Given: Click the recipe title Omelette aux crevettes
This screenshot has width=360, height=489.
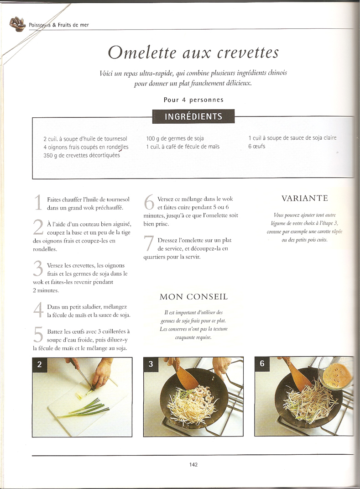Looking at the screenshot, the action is (x=193, y=53).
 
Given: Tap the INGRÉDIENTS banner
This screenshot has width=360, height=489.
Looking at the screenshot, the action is (x=193, y=116).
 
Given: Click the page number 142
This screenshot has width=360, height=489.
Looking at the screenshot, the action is (x=193, y=464).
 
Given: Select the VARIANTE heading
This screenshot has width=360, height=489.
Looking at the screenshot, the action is (x=305, y=198).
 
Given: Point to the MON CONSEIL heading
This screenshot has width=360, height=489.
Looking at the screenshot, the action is (x=193, y=297).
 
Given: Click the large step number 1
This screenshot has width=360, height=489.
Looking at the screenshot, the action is (x=38, y=202).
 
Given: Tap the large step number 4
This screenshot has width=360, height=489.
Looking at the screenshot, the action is (x=38, y=310).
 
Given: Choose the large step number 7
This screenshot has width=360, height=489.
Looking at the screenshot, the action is (x=149, y=243).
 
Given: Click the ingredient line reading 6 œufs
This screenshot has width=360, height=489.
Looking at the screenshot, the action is (x=257, y=146).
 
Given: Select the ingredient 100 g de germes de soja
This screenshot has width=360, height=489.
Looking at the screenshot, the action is (x=175, y=138).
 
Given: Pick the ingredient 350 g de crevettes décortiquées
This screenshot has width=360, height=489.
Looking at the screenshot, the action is (x=82, y=155).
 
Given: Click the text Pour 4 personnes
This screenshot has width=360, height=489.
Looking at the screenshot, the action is (x=193, y=100).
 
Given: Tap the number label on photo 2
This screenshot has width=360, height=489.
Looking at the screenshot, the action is (x=39, y=364).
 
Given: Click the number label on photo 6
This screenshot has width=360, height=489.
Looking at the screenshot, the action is (x=262, y=363).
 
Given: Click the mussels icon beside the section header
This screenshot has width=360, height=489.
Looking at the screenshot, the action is (x=18, y=24).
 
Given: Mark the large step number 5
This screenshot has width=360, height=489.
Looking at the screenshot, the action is (x=38, y=335).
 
